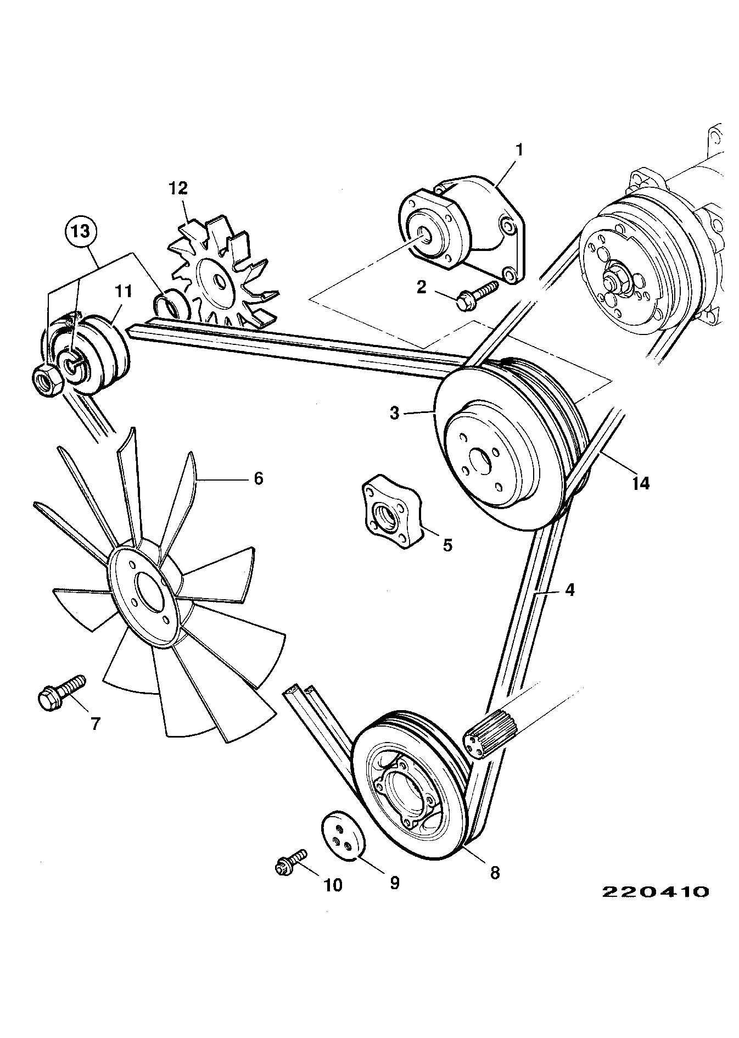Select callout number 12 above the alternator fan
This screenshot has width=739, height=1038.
tap(179, 188)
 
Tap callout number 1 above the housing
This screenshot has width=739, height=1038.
tap(519, 149)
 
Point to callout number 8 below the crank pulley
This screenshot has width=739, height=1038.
tap(495, 872)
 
